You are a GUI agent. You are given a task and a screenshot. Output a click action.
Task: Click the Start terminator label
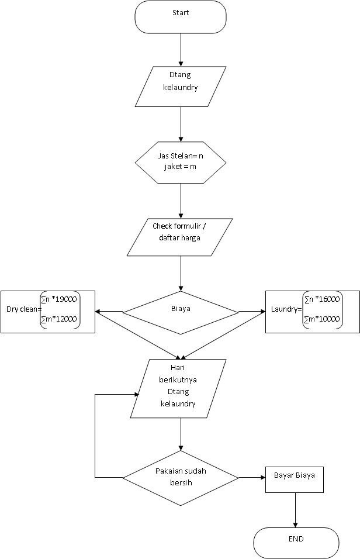(181, 13)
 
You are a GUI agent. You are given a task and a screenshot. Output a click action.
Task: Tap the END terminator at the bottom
(296, 543)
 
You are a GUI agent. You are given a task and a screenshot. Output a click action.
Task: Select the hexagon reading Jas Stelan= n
(181, 163)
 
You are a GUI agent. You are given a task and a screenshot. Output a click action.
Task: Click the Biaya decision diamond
(181, 313)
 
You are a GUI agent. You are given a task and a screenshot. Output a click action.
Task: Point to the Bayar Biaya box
(295, 479)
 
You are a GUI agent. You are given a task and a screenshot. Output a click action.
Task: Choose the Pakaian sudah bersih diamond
(181, 478)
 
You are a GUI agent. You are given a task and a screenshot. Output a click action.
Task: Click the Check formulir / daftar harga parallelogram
(179, 237)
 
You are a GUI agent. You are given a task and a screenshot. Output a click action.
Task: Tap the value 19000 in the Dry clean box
(66, 299)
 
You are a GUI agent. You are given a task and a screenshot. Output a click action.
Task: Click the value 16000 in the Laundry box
(329, 299)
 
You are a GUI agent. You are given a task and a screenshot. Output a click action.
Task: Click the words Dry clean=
(24, 309)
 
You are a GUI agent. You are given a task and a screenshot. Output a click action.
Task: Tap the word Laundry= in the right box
(286, 309)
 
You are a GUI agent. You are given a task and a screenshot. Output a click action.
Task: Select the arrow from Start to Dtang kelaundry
(181, 50)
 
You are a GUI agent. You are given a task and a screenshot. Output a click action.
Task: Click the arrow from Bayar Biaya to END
(295, 510)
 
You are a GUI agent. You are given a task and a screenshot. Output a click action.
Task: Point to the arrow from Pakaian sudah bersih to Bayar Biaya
(252, 477)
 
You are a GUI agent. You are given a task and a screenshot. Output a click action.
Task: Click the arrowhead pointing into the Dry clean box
(98, 312)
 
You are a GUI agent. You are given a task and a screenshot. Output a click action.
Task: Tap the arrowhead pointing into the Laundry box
(263, 312)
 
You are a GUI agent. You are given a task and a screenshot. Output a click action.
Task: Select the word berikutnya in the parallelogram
(178, 379)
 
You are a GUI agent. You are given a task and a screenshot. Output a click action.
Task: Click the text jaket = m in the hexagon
(181, 167)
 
